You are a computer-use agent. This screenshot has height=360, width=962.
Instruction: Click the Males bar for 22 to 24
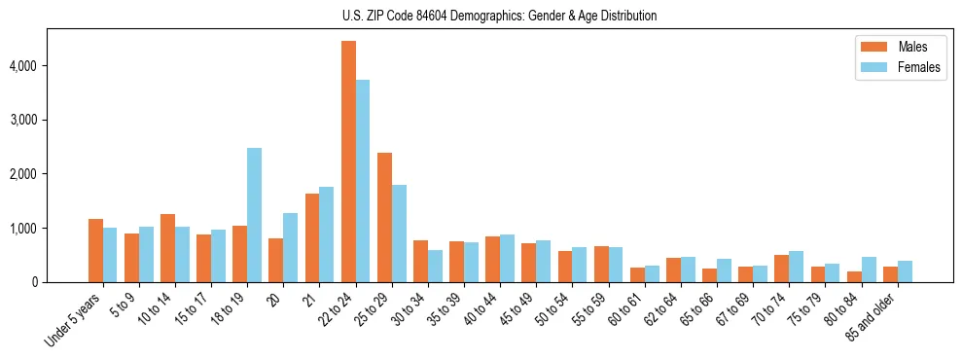click(348, 162)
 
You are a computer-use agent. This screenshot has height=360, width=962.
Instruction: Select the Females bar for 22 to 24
click(363, 181)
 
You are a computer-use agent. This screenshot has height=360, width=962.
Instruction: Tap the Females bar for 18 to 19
click(254, 215)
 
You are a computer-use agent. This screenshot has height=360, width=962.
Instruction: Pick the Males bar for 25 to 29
click(384, 217)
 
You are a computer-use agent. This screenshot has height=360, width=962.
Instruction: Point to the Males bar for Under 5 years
click(95, 251)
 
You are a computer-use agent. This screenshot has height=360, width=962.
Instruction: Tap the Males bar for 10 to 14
click(167, 248)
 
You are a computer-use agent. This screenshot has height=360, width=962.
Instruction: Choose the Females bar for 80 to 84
click(869, 270)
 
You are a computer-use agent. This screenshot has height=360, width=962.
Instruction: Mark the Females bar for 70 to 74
click(797, 267)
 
